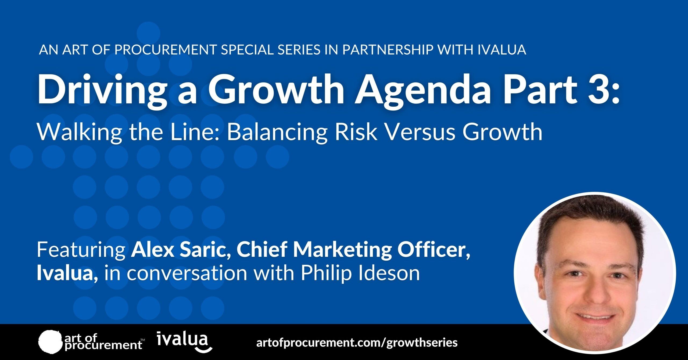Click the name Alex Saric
[177, 250]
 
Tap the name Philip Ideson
[360, 273]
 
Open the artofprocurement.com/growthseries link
[357, 343]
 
